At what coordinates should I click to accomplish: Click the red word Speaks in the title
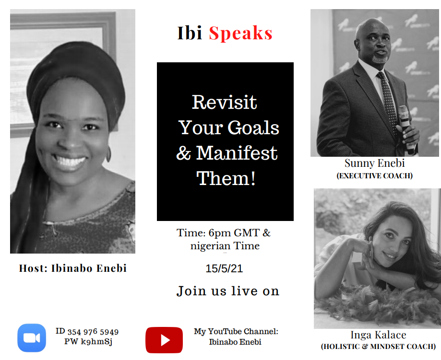tap(240, 34)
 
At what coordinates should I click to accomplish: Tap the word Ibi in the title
tap(190, 33)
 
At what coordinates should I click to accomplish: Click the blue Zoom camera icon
tap(32, 338)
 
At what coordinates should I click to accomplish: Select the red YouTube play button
tap(164, 340)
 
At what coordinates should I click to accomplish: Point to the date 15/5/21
tap(224, 268)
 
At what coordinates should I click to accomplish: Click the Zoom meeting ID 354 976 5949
tap(93, 332)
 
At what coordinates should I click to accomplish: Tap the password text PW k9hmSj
tap(88, 342)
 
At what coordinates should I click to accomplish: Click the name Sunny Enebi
tap(375, 163)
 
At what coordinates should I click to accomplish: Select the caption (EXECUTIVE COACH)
tap(375, 175)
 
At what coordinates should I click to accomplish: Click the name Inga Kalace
tap(378, 335)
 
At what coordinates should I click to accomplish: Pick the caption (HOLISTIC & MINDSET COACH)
tap(378, 347)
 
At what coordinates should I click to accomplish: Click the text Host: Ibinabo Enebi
tap(73, 268)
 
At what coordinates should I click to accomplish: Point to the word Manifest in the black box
tap(237, 153)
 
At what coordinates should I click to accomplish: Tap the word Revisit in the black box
tap(225, 102)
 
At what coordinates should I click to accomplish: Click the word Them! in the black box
tap(226, 178)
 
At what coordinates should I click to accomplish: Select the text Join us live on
tap(228, 291)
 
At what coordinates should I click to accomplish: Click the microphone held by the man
tap(406, 129)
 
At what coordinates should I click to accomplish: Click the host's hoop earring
tap(108, 154)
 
